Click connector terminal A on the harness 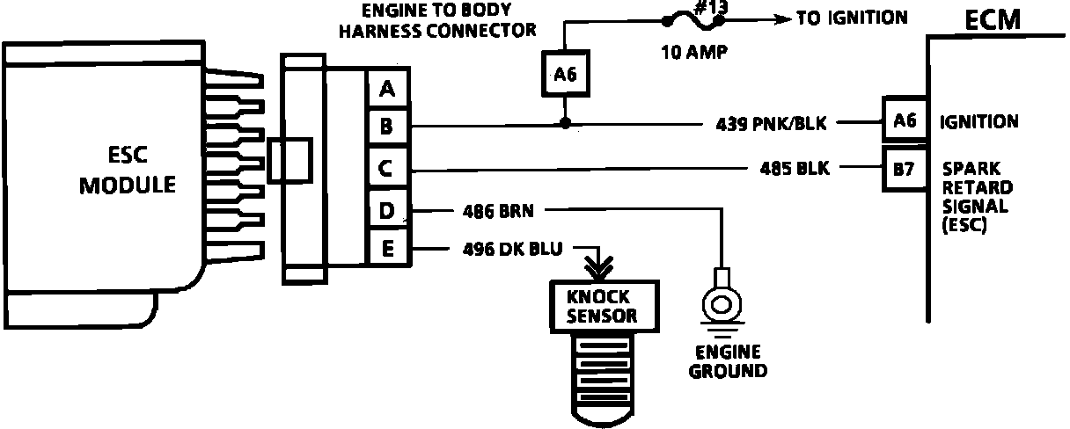click(387, 89)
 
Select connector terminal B click(387, 128)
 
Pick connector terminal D click(387, 211)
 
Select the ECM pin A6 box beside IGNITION click(905, 121)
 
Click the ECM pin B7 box click(905, 169)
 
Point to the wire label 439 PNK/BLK click(771, 124)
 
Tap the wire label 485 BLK click(794, 167)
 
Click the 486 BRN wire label click(498, 211)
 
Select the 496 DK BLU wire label click(511, 248)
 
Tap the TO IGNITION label click(852, 18)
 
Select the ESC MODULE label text click(128, 171)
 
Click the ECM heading click(993, 19)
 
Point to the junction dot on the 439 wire click(565, 124)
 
